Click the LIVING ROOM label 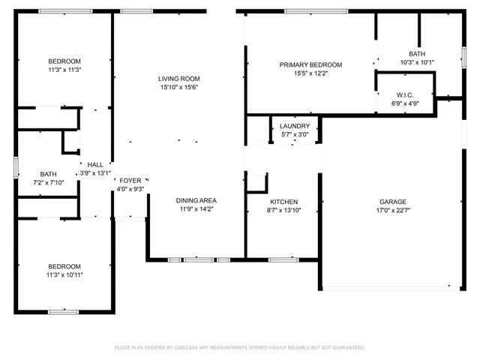[x=178, y=79]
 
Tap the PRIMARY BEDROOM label [x=310, y=64]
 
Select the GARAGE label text [x=392, y=202]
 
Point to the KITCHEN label [x=284, y=202]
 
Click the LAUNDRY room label [x=294, y=126]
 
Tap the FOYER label [x=130, y=180]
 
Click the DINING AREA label [x=196, y=200]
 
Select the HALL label [x=95, y=165]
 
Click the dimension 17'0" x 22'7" [x=392, y=211]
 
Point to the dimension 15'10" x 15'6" [x=178, y=88]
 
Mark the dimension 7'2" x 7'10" [x=48, y=182]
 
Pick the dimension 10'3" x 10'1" [x=418, y=62]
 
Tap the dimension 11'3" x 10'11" [x=64, y=275]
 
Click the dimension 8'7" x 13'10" [x=284, y=211]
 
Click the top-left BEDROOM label [x=64, y=61]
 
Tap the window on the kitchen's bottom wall [x=283, y=259]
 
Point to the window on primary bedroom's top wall [x=316, y=10]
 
